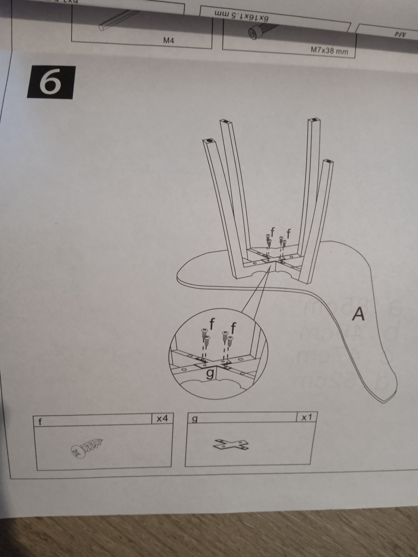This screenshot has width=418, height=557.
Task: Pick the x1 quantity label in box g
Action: tap(307, 417)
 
